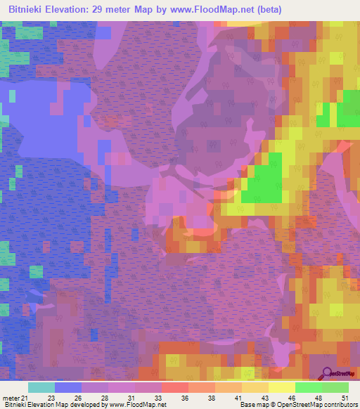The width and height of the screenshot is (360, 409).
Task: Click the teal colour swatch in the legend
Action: [x=41, y=387]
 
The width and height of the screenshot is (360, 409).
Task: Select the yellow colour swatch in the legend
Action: [x=282, y=387]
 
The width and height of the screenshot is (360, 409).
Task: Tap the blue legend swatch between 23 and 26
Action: [x=68, y=387]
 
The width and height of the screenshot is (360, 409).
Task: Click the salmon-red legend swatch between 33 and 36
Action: [x=175, y=387]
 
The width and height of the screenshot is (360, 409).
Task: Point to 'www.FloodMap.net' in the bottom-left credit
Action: [x=140, y=405]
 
